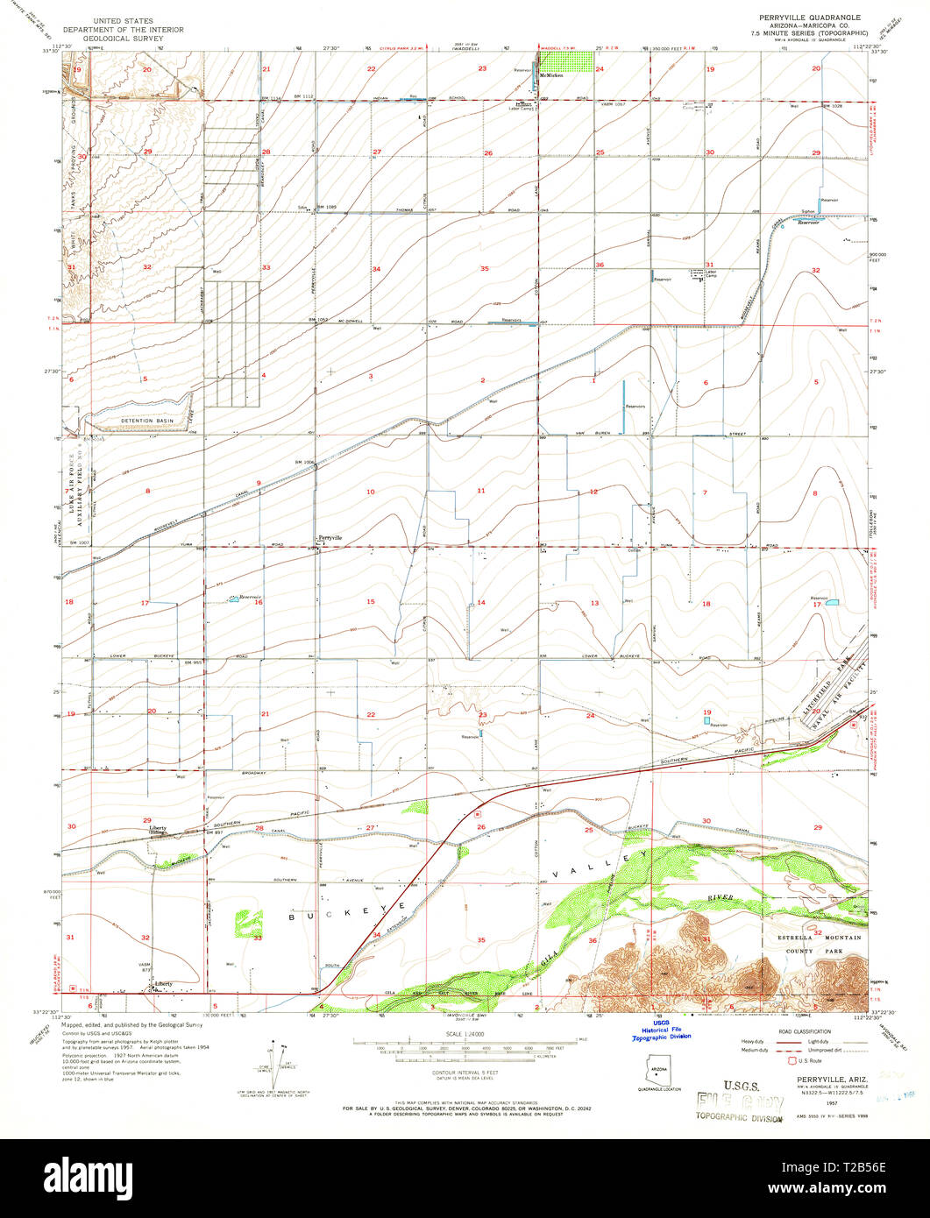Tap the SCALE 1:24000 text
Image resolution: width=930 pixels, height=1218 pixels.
[465, 1034]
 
